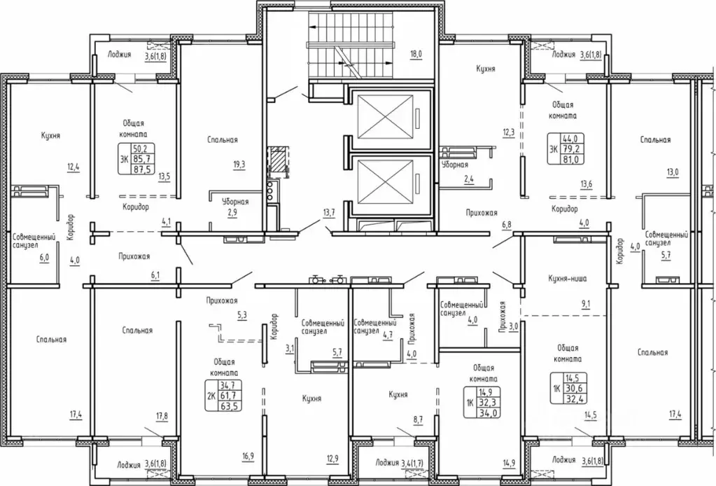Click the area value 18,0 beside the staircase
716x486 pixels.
pyautogui.click(x=416, y=54)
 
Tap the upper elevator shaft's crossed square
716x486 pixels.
pyautogui.click(x=386, y=116)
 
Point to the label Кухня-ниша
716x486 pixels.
pyautogui.click(x=567, y=278)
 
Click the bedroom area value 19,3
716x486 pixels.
pyautogui.click(x=239, y=165)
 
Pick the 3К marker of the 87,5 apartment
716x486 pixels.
pyautogui.click(x=124, y=158)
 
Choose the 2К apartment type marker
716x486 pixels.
pyautogui.click(x=211, y=396)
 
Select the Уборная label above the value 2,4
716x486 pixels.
pyautogui.click(x=455, y=165)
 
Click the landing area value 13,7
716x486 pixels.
pyautogui.click(x=329, y=212)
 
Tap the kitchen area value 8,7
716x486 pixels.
pyautogui.click(x=417, y=418)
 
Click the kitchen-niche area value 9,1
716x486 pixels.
pyautogui.click(x=587, y=304)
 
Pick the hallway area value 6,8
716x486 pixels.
pyautogui.click(x=507, y=225)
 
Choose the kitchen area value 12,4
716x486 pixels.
pyautogui.click(x=73, y=167)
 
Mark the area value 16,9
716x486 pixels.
pyautogui.click(x=248, y=456)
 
